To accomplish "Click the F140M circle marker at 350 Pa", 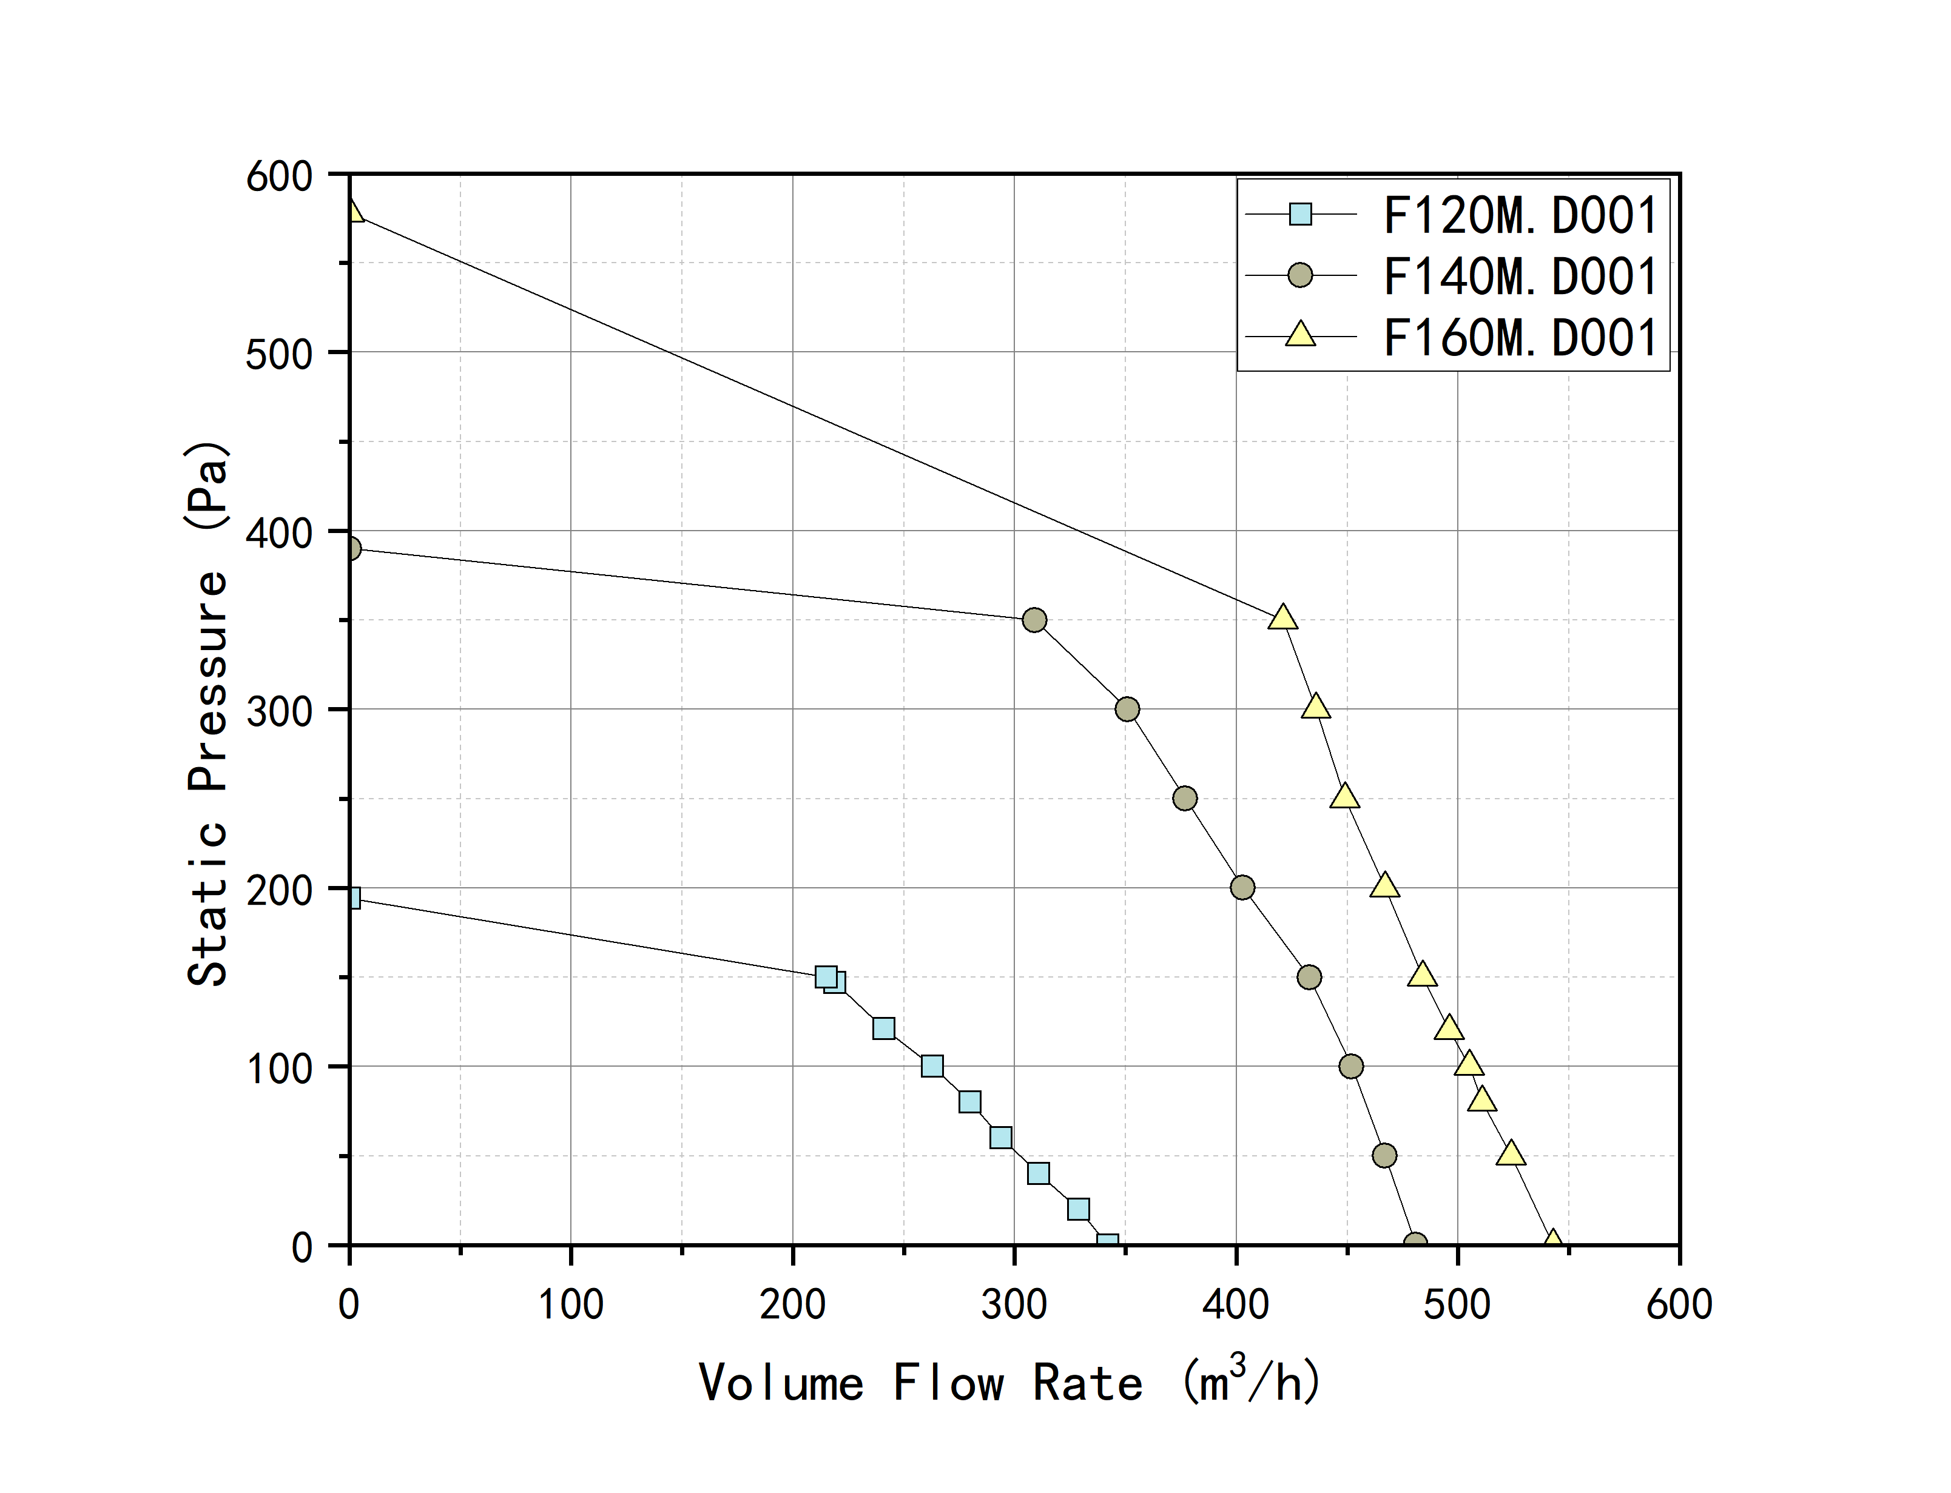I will pyautogui.click(x=1034, y=619).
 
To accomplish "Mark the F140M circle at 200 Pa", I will pyautogui.click(x=1242, y=887).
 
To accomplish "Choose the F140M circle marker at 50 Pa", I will pyautogui.click(x=1384, y=1155).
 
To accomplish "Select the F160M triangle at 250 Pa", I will pyautogui.click(x=1345, y=796).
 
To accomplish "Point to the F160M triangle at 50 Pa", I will pyautogui.click(x=1511, y=1153).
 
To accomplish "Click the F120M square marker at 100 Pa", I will pyautogui.click(x=931, y=1065).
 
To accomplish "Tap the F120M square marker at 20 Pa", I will pyautogui.click(x=1078, y=1209).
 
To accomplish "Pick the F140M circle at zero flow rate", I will pyautogui.click(x=351, y=548).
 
